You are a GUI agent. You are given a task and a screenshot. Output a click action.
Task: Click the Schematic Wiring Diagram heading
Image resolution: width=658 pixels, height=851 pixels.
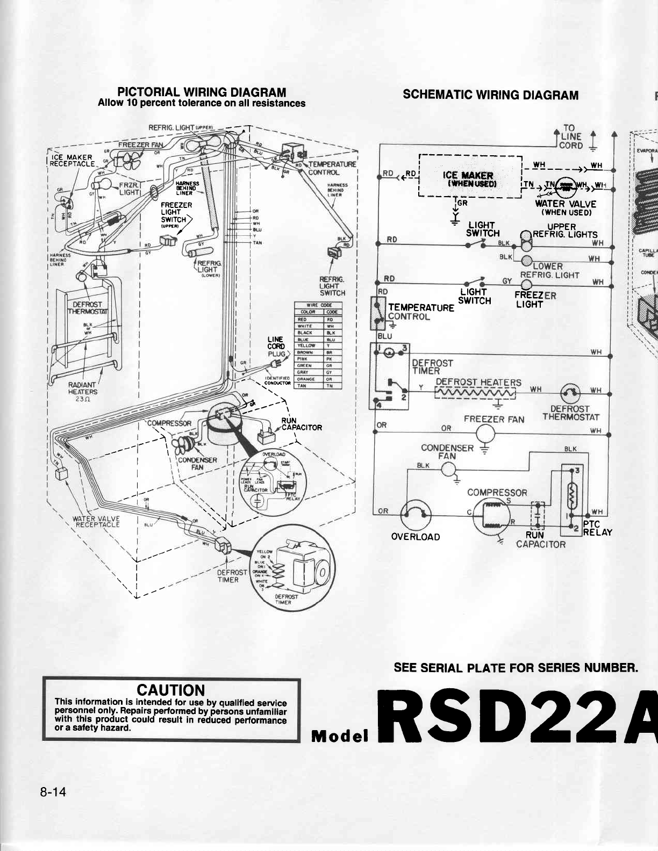point(490,95)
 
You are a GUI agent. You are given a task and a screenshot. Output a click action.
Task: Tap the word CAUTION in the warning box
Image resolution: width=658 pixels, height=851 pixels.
point(171,690)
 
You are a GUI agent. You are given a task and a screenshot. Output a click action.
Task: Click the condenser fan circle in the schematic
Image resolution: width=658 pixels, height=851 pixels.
point(449,471)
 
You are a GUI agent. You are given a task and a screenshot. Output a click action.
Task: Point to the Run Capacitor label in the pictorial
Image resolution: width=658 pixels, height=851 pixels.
point(301,424)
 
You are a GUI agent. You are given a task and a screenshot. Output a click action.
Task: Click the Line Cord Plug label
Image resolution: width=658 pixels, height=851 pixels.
point(279,347)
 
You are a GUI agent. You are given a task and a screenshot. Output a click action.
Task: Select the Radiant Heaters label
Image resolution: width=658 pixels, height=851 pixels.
point(82,388)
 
